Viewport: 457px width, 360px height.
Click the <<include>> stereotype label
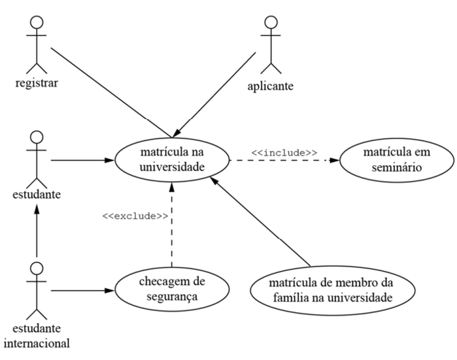(x=284, y=152)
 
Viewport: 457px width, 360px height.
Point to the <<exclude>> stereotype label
(x=135, y=216)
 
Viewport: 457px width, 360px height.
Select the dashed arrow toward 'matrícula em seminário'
(x=284, y=160)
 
